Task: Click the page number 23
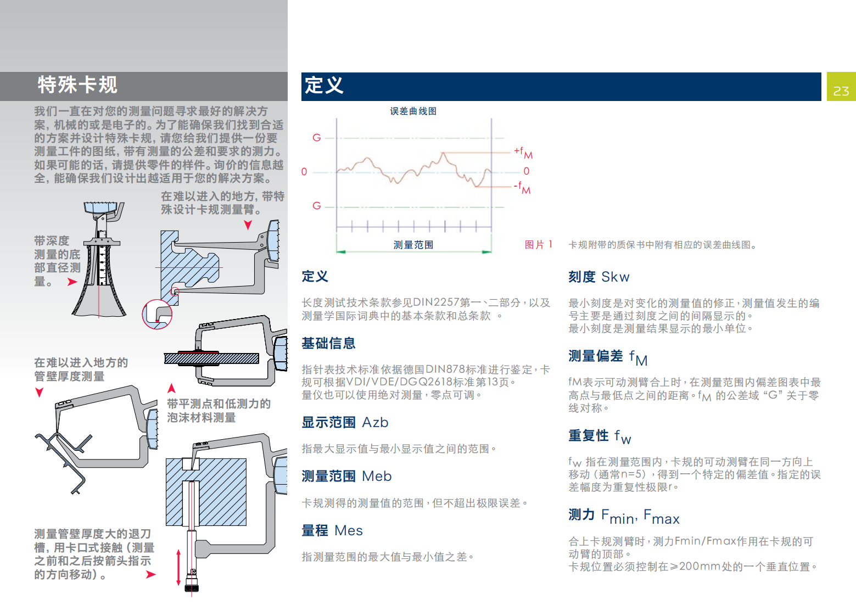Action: point(841,91)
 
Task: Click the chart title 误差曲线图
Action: point(413,111)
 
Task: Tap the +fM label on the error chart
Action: point(523,153)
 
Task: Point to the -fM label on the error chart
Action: point(522,188)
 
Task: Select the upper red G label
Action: point(316,138)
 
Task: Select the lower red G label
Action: point(316,206)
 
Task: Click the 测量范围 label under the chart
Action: point(413,245)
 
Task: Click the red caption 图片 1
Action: point(539,245)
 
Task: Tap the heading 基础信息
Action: point(328,343)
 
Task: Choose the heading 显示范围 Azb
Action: point(345,422)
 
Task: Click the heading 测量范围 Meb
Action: point(346,476)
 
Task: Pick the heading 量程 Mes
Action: point(332,530)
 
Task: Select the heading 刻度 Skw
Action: point(599,277)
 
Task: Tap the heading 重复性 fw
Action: point(600,436)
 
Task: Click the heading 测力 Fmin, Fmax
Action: point(624,516)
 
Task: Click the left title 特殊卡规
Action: point(77,85)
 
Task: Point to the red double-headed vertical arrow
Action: point(178,568)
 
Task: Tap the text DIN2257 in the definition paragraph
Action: point(436,302)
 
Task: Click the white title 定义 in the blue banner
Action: point(324,85)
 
